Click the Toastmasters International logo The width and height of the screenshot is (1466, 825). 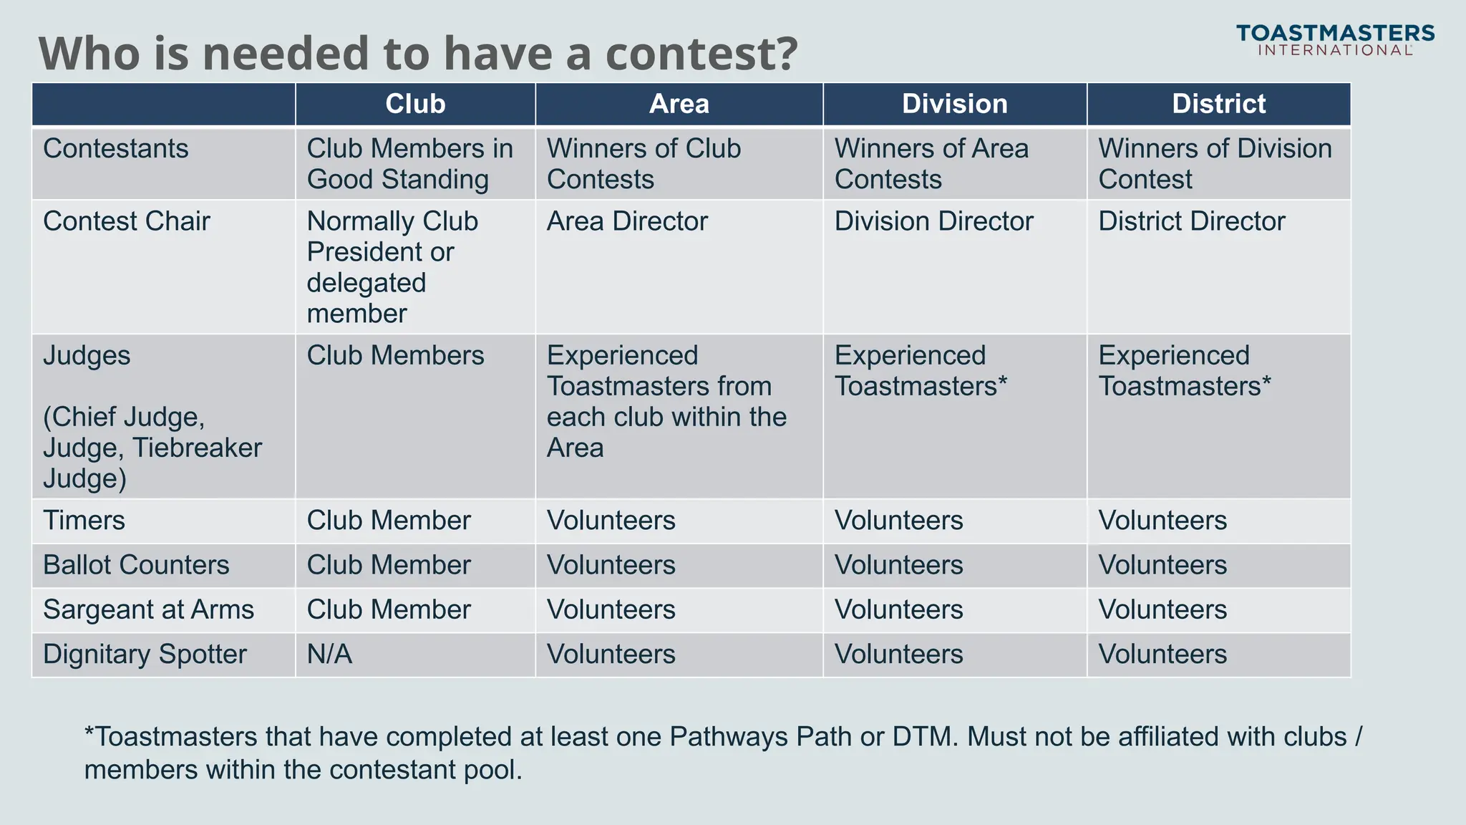pos(1335,40)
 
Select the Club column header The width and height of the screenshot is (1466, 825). pos(415,104)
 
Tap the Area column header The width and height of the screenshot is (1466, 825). pos(679,104)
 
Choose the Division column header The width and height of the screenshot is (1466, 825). pos(954,104)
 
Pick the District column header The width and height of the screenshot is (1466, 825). pos(1218,104)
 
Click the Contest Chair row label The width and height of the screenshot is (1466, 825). pos(127,221)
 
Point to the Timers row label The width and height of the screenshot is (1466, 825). pos(84,521)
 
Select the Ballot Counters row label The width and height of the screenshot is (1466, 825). pos(136,565)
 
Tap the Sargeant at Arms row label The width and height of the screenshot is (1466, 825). pos(148,609)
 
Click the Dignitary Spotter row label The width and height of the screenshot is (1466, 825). pos(145,655)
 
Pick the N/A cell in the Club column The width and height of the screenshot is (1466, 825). pos(329,655)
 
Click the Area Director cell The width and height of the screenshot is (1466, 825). pos(627,221)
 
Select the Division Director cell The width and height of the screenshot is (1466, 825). pos(933,221)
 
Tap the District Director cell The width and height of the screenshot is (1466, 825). pos(1191,221)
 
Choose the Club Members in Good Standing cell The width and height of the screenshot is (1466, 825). pos(409,164)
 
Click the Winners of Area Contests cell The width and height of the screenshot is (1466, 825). pos(931,164)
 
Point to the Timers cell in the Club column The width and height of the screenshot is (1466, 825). pos(389,521)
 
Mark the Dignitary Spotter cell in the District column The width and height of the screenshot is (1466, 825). pos(1162,655)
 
